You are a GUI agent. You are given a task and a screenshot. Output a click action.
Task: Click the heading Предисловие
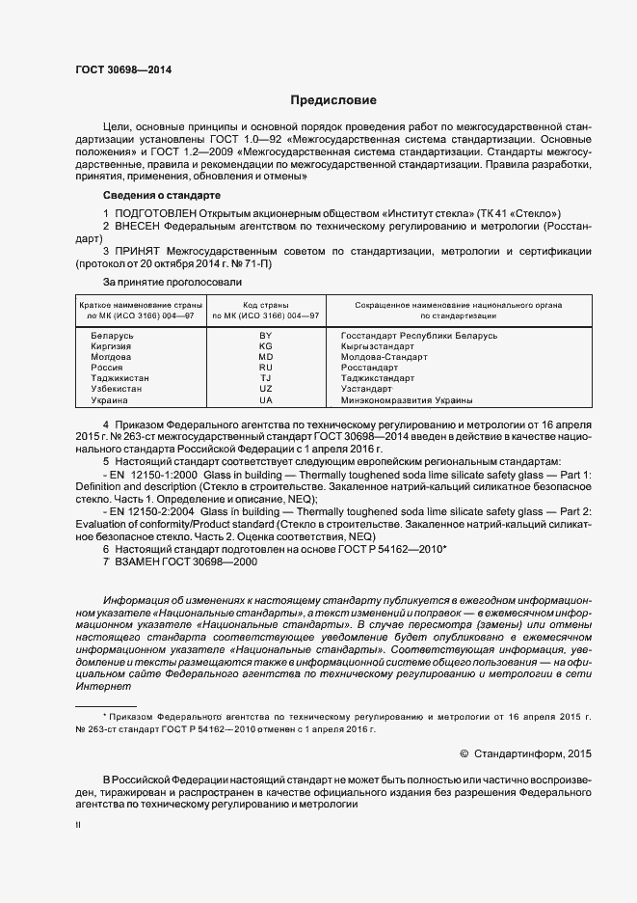pos(333,100)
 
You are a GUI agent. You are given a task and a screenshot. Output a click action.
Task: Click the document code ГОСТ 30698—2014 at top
pos(116,71)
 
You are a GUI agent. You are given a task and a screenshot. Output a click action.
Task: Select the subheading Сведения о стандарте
pos(157,196)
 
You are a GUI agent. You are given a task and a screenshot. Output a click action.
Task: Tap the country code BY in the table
pos(266,335)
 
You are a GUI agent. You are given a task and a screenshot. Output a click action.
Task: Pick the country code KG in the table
pos(266,345)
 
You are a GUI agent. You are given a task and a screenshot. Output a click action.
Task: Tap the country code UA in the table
pos(266,399)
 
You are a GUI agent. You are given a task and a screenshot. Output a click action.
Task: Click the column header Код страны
pos(266,305)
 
